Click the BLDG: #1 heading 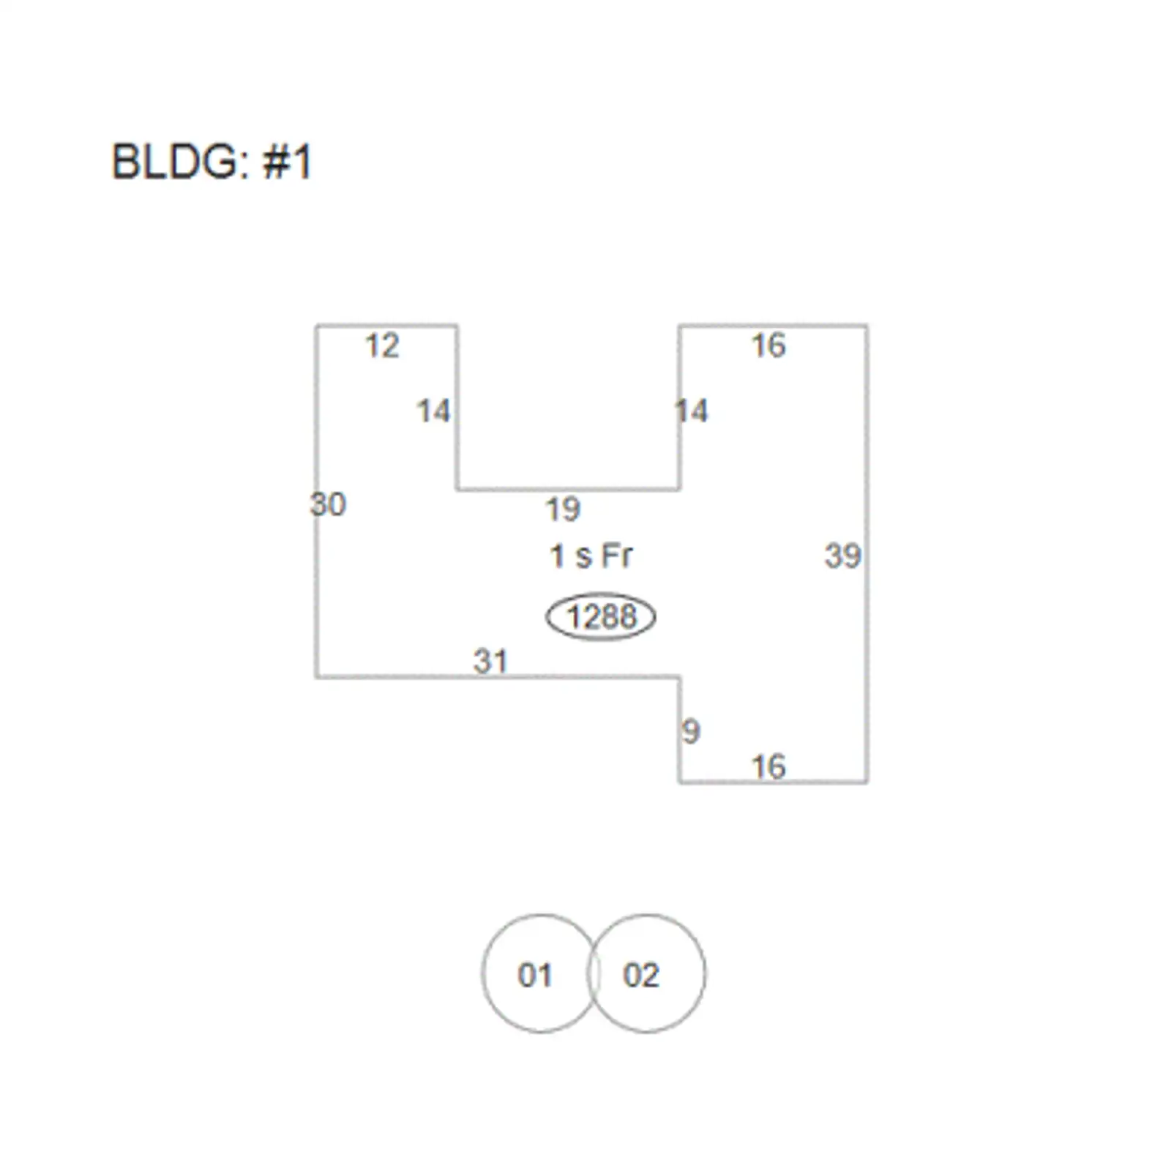pyautogui.click(x=212, y=162)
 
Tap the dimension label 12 pyautogui.click(x=382, y=346)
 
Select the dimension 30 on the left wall pyautogui.click(x=327, y=504)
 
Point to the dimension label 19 pyautogui.click(x=563, y=509)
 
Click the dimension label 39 pyautogui.click(x=842, y=556)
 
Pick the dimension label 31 pyautogui.click(x=490, y=662)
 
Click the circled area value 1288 pyautogui.click(x=601, y=617)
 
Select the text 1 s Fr pyautogui.click(x=591, y=556)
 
